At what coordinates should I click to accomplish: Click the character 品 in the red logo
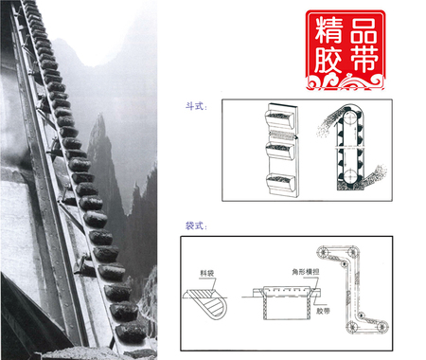364,29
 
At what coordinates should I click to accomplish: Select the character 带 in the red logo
364,63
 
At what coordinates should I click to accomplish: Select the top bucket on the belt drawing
283,117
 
